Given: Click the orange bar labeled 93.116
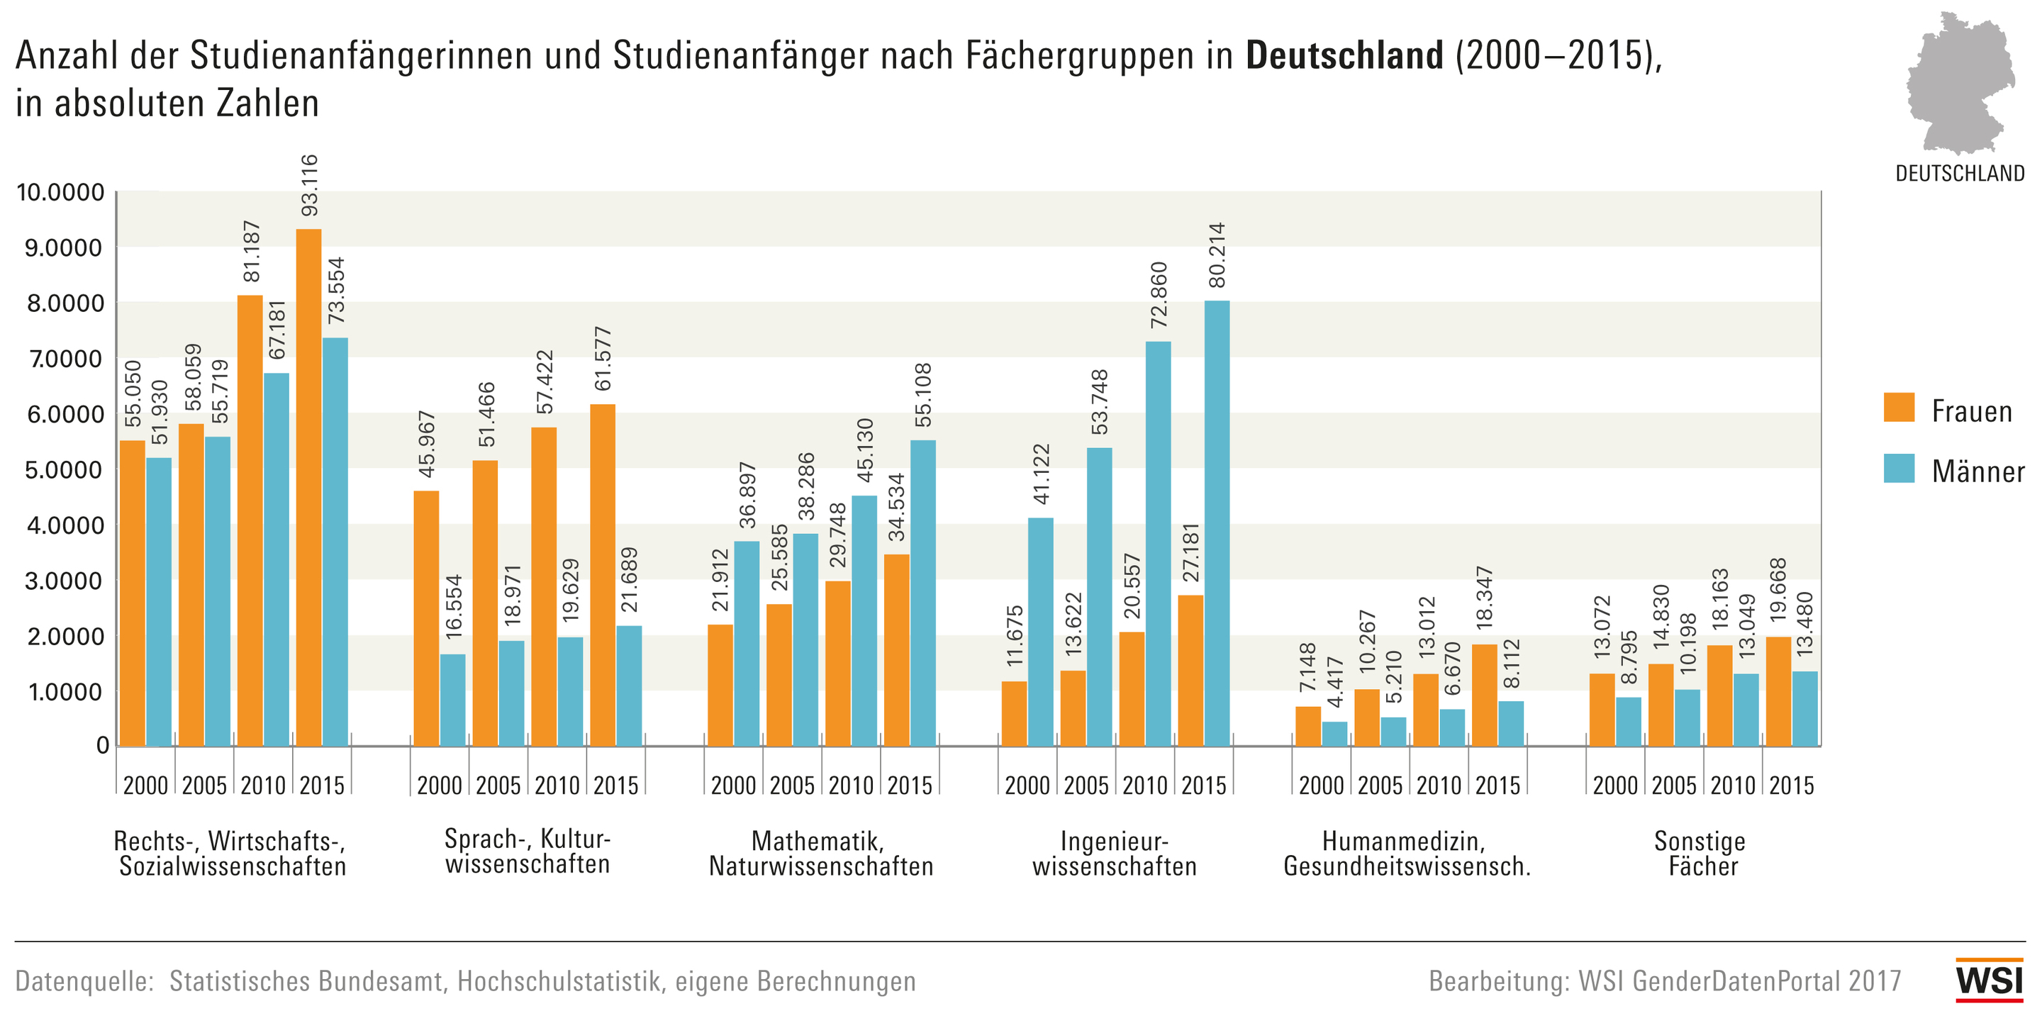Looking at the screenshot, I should pos(309,488).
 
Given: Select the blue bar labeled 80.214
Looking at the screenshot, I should pos(1217,523).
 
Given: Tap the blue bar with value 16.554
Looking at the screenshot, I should pos(452,700).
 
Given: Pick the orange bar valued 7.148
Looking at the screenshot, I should pos(1308,726).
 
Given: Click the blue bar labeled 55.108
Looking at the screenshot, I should pos(922,593).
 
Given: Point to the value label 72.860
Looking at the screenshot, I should pos(1159,295).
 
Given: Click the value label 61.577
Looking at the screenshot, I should pos(603,358).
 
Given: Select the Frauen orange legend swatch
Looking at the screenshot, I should pos(1899,408).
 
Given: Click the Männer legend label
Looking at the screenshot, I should pos(1977,471).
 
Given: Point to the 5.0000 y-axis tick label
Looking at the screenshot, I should pos(65,470).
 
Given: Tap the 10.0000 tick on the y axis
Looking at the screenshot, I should pos(61,193).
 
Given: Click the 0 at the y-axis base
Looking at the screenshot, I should pos(102,746).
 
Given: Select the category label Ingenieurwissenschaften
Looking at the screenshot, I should pos(1114,854).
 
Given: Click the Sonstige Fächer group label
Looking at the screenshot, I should pos(1701,854).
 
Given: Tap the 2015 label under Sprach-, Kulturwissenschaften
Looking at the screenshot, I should pos(616,786).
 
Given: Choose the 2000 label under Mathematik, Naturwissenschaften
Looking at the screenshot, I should pos(733,786).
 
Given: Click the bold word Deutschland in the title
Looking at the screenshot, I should pos(1344,55).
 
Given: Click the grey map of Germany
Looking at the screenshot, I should pos(1960,83).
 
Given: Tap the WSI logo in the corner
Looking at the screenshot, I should pos(1989,980).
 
